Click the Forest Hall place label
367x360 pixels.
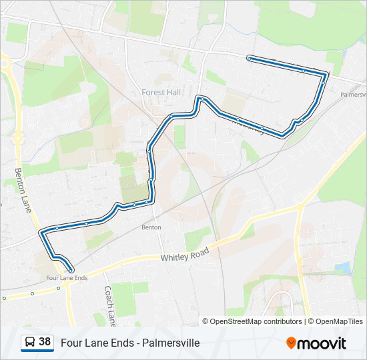158,93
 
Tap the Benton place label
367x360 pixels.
151,227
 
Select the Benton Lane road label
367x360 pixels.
22,190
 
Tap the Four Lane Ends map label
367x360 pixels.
67,277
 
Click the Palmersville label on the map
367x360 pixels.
353,95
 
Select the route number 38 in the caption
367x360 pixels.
45,342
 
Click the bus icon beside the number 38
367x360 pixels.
30,343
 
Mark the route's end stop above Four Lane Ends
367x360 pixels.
71,269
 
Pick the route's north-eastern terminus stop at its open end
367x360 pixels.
249,59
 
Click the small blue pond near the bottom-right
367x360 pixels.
344,268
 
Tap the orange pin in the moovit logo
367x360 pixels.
291,343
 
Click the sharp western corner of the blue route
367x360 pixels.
41,233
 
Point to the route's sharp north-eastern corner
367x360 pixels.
327,73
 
